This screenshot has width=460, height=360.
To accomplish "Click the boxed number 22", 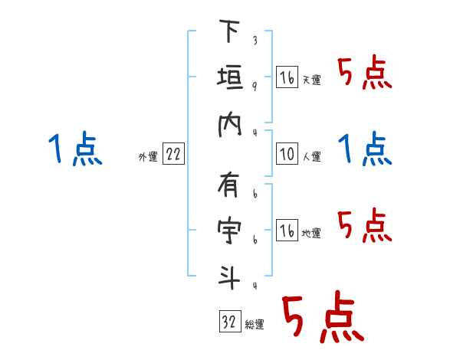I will click(x=174, y=155).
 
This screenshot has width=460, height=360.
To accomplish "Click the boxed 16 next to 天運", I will click(x=287, y=77).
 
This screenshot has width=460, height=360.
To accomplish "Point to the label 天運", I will click(x=311, y=80).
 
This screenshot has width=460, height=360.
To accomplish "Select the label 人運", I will click(x=311, y=156).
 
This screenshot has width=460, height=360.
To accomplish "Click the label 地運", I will click(x=311, y=234).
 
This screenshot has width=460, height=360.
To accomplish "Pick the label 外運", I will click(x=148, y=157).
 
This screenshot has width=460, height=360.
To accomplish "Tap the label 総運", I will click(x=255, y=325).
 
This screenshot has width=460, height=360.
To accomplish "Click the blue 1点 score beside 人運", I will click(x=364, y=149).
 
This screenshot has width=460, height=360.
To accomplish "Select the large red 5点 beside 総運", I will click(x=322, y=317).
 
